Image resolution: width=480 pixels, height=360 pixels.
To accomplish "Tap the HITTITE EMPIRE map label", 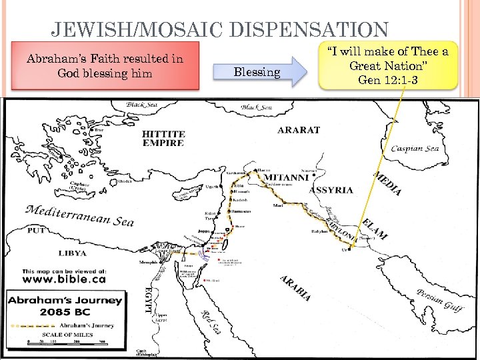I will point(163,138).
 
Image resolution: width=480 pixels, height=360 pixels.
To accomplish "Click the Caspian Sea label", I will point(415,147).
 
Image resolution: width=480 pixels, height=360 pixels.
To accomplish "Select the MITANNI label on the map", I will point(286,178).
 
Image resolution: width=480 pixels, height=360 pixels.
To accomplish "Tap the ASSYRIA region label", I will point(331,190).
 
